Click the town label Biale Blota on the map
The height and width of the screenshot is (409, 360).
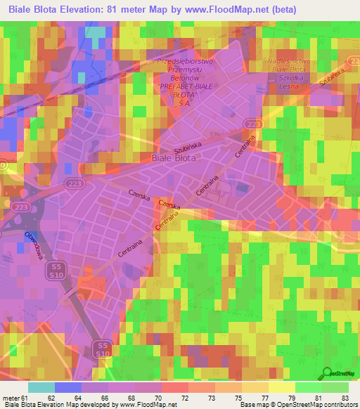(x=175, y=158)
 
